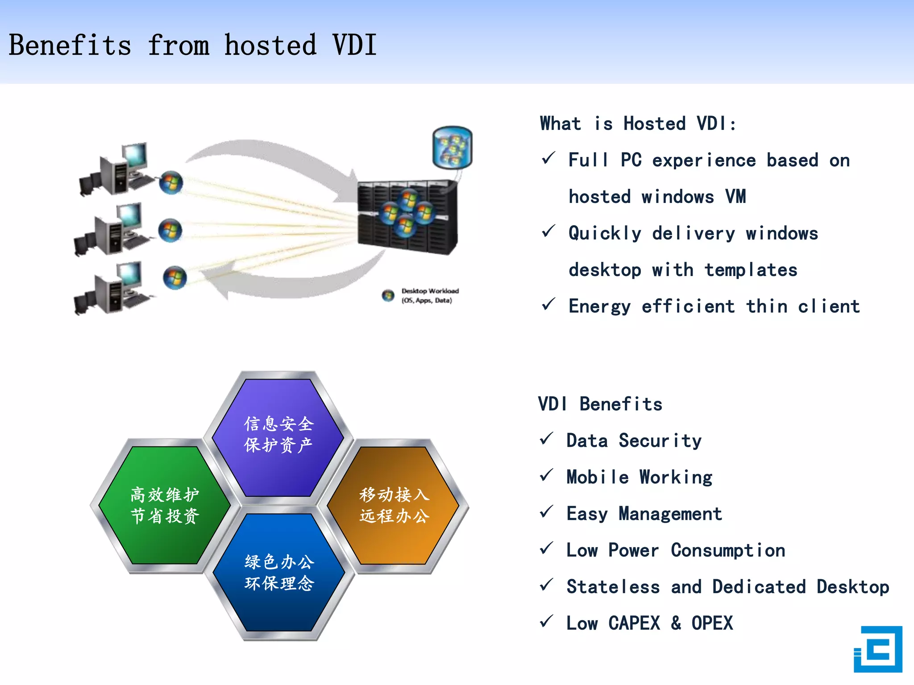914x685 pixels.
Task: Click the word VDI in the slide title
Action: (x=355, y=45)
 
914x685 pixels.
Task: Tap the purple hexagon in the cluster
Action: (x=278, y=437)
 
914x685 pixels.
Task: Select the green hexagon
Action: (x=165, y=505)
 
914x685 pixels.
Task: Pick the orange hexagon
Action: (x=394, y=505)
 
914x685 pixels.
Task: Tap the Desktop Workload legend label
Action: (x=429, y=295)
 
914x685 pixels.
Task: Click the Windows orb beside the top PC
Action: (x=171, y=182)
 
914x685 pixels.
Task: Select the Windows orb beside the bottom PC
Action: (x=174, y=277)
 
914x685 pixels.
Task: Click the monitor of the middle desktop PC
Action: (x=130, y=215)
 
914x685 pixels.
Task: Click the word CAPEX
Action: (x=634, y=623)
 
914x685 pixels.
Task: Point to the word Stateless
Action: (x=613, y=587)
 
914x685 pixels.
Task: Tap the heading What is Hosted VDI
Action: (x=638, y=124)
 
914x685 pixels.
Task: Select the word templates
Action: (x=751, y=270)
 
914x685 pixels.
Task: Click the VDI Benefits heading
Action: (x=600, y=404)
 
